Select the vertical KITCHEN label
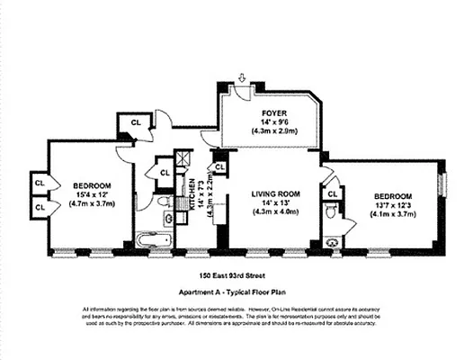click(192, 193)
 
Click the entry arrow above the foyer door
click(240, 79)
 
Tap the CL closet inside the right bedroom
click(331, 193)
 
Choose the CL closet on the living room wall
click(219, 166)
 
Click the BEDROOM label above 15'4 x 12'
click(93, 184)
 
